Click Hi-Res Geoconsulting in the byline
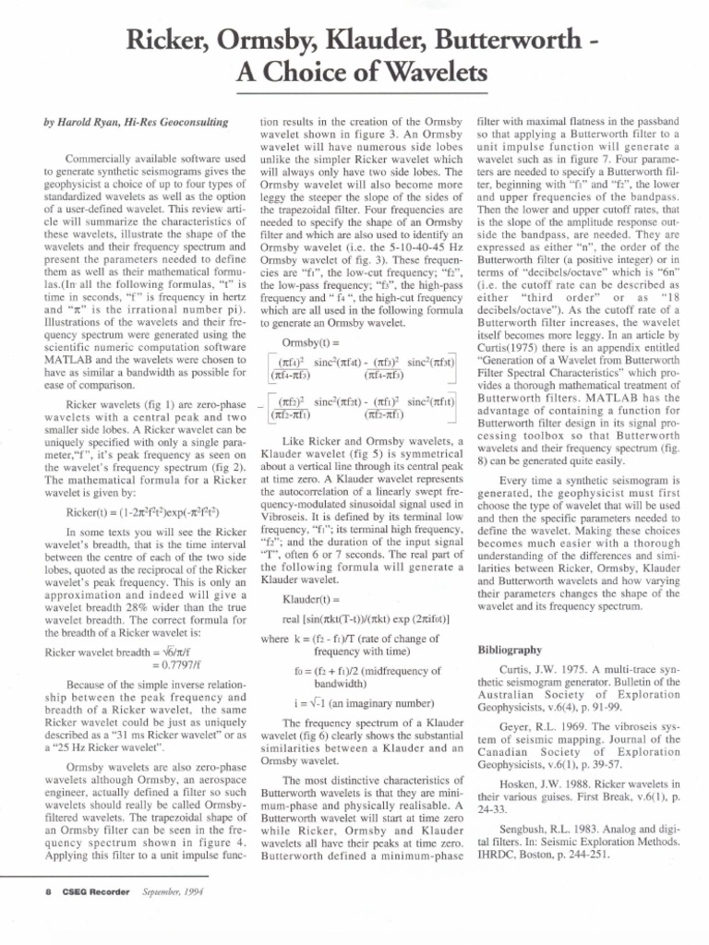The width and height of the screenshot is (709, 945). (x=182, y=121)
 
